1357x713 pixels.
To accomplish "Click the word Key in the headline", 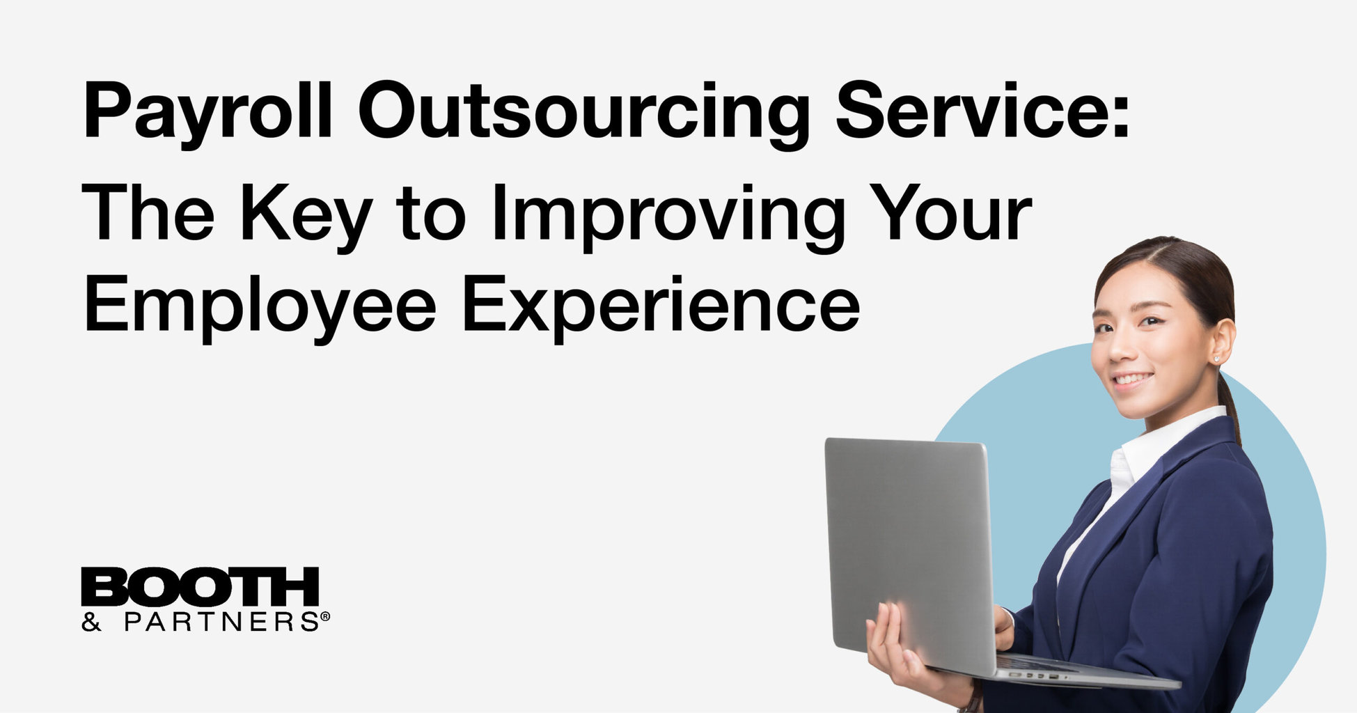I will click(305, 214).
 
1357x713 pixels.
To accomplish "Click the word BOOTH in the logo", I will click(200, 587).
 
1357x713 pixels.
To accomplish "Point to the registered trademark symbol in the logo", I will click(324, 616).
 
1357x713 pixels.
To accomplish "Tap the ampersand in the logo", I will click(91, 622).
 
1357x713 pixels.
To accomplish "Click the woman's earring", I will click(1217, 359).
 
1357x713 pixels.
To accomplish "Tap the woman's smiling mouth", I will click(1131, 380).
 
